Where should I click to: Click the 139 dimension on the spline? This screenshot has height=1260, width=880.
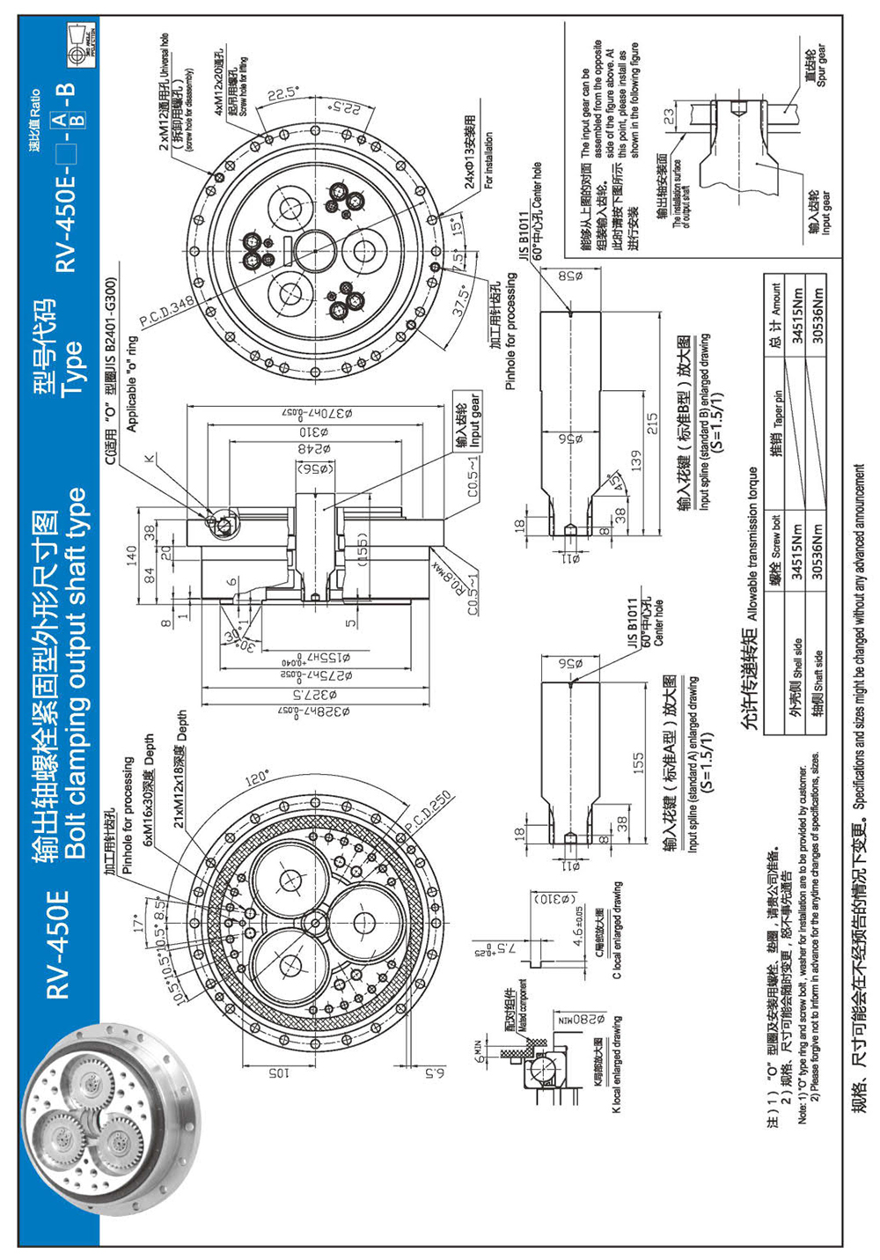tap(635, 461)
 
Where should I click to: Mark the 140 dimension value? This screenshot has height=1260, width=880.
tap(131, 556)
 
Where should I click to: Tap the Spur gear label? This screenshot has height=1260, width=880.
tap(816, 67)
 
